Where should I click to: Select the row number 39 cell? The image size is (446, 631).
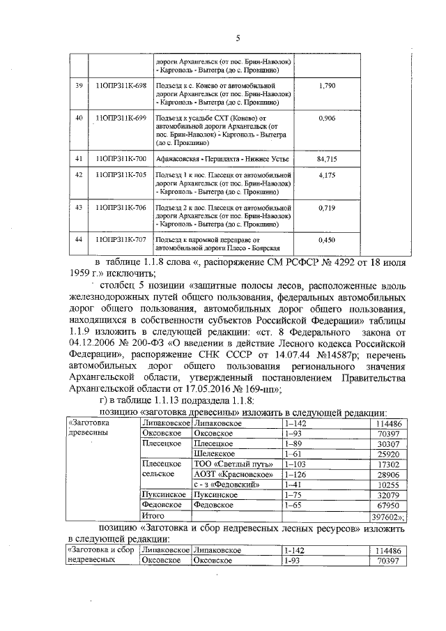pos(79,86)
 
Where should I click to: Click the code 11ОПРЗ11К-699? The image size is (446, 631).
pos(120,119)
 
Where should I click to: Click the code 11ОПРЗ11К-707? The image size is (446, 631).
pos(120,239)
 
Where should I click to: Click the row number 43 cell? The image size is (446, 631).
pos(79,207)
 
